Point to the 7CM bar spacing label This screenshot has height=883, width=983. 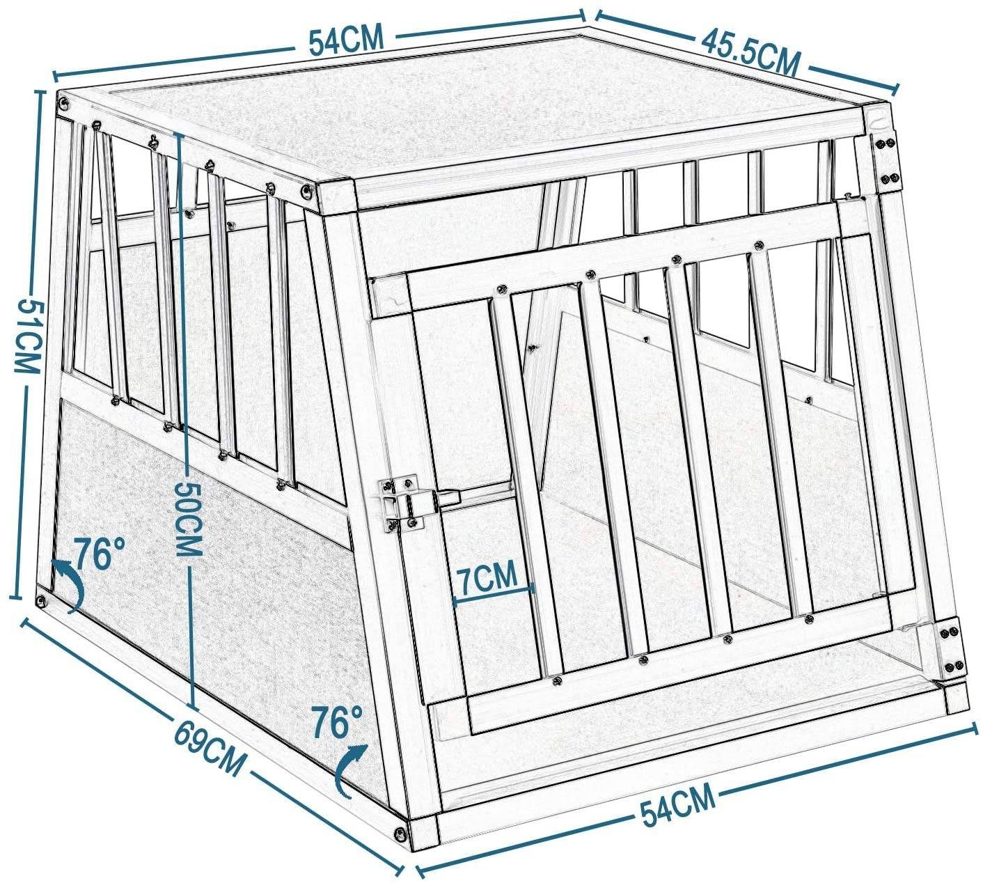[x=488, y=577]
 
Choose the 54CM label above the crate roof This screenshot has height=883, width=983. [x=346, y=41]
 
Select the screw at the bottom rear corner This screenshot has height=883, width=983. [x=41, y=600]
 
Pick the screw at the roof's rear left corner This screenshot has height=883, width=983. [x=65, y=104]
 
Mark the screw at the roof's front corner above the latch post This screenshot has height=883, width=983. [x=307, y=190]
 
